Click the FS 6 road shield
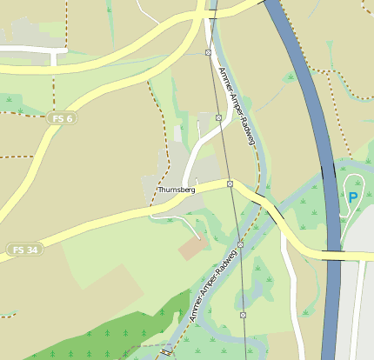click(62, 117)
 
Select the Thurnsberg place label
click(177, 190)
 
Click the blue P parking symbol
click(353, 197)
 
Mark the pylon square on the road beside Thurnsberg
click(230, 183)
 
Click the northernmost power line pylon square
click(208, 53)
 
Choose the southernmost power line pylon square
click(243, 315)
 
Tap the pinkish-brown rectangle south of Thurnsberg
click(193, 248)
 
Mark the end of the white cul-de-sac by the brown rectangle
click(199, 237)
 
